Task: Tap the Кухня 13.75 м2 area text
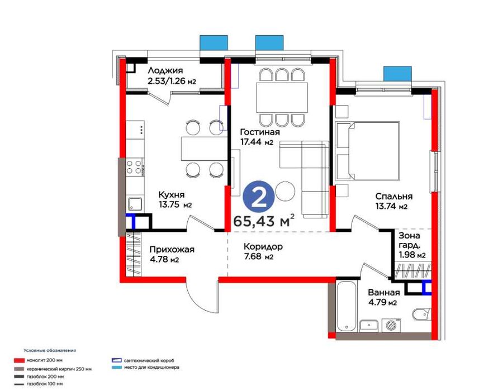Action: pos(175,199)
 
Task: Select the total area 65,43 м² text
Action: pos(264,221)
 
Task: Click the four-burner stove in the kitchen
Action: pos(134,167)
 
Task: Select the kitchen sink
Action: pos(135,204)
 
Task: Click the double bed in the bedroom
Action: pos(367,151)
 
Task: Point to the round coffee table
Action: pos(285,191)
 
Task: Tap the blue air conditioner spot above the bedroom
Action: pos(397,73)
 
